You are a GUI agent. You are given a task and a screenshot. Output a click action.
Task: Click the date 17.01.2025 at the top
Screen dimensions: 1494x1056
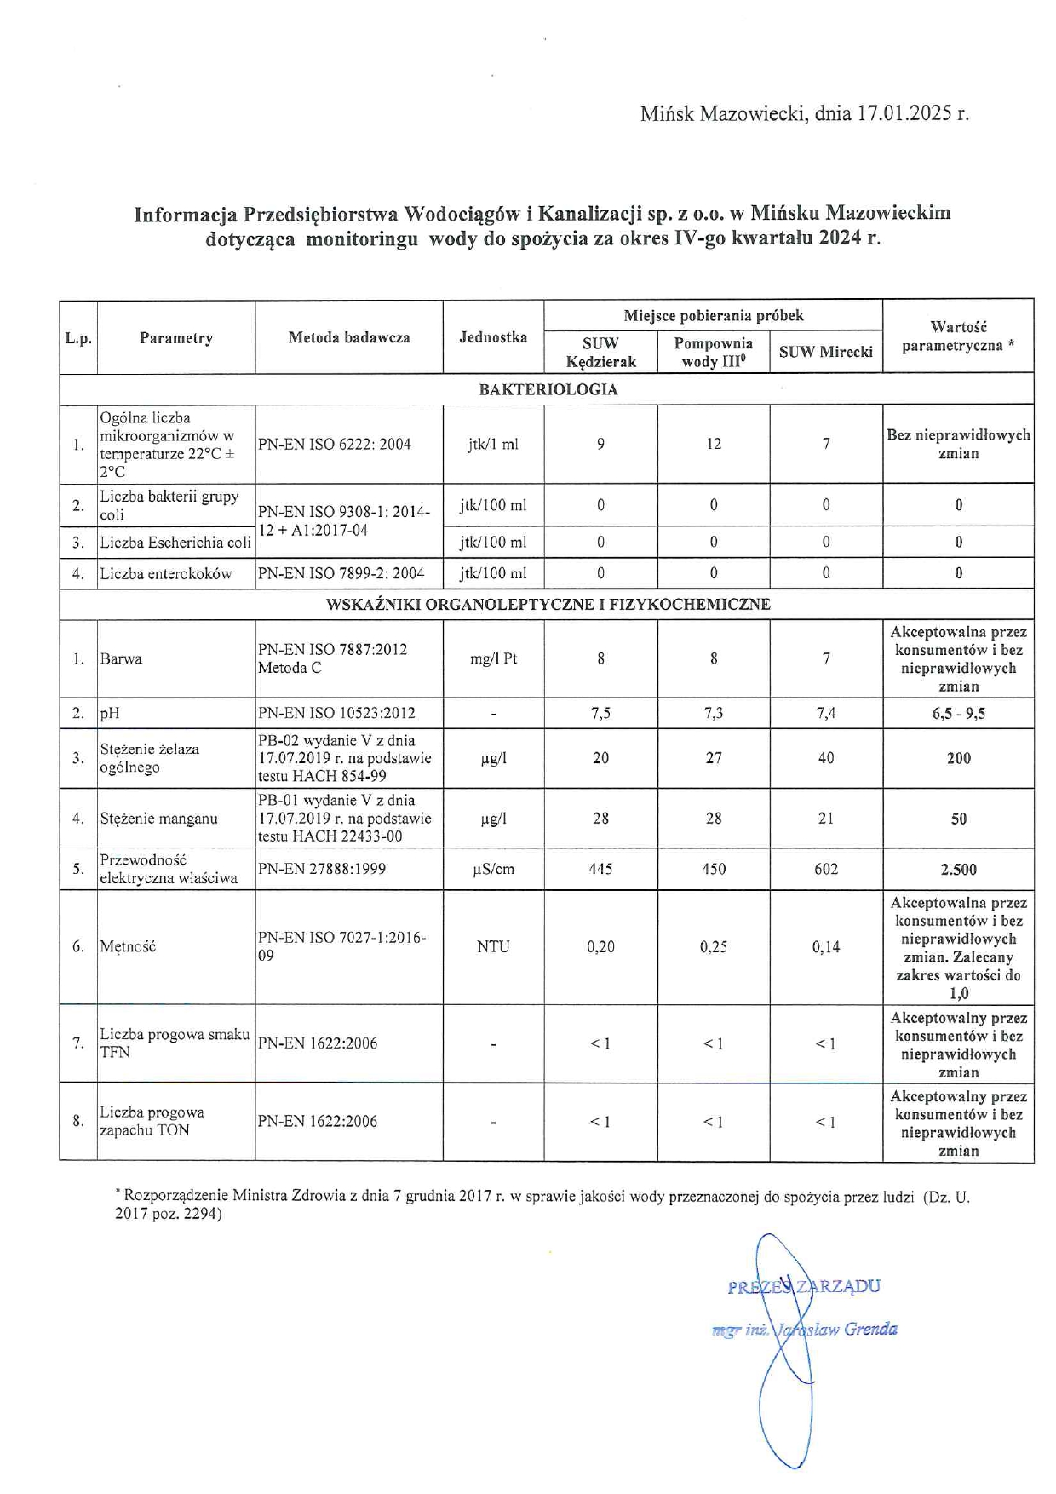(904, 113)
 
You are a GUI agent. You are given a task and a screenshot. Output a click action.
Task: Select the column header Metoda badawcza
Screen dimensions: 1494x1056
(348, 337)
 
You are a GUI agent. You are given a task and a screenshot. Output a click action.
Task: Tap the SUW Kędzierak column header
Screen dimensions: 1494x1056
(600, 353)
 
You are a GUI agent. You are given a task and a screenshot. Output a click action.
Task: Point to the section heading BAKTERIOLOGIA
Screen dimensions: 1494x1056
(548, 389)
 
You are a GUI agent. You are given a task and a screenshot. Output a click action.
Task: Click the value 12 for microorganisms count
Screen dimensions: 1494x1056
(714, 444)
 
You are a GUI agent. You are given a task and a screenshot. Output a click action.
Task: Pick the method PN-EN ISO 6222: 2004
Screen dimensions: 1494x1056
(335, 444)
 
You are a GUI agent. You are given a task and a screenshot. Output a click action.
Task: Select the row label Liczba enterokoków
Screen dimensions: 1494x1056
(166, 573)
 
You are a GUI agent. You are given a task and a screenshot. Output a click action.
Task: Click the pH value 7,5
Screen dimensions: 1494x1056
(600, 714)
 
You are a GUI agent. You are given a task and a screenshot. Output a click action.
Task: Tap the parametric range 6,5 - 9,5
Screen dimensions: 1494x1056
(958, 714)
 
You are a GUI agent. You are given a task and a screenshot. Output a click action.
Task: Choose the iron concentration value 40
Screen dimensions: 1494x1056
(826, 758)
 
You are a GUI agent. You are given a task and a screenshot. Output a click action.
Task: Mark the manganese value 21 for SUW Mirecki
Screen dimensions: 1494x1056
(826, 819)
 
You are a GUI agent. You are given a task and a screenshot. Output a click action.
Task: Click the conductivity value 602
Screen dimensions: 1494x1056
(826, 869)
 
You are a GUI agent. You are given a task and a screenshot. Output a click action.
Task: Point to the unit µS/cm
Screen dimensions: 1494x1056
(493, 869)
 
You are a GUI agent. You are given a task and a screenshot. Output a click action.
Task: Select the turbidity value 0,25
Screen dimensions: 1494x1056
(714, 946)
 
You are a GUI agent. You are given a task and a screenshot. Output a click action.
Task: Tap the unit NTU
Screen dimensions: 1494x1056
(493, 946)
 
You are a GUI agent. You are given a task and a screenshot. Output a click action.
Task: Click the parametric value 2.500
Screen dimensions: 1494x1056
(958, 870)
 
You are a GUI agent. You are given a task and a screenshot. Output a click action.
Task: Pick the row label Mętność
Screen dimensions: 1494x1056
(128, 946)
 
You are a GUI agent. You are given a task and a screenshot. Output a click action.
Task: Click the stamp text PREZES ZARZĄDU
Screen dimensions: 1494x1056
(804, 1286)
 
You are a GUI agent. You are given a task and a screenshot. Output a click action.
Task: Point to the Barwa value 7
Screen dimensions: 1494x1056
(826, 658)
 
